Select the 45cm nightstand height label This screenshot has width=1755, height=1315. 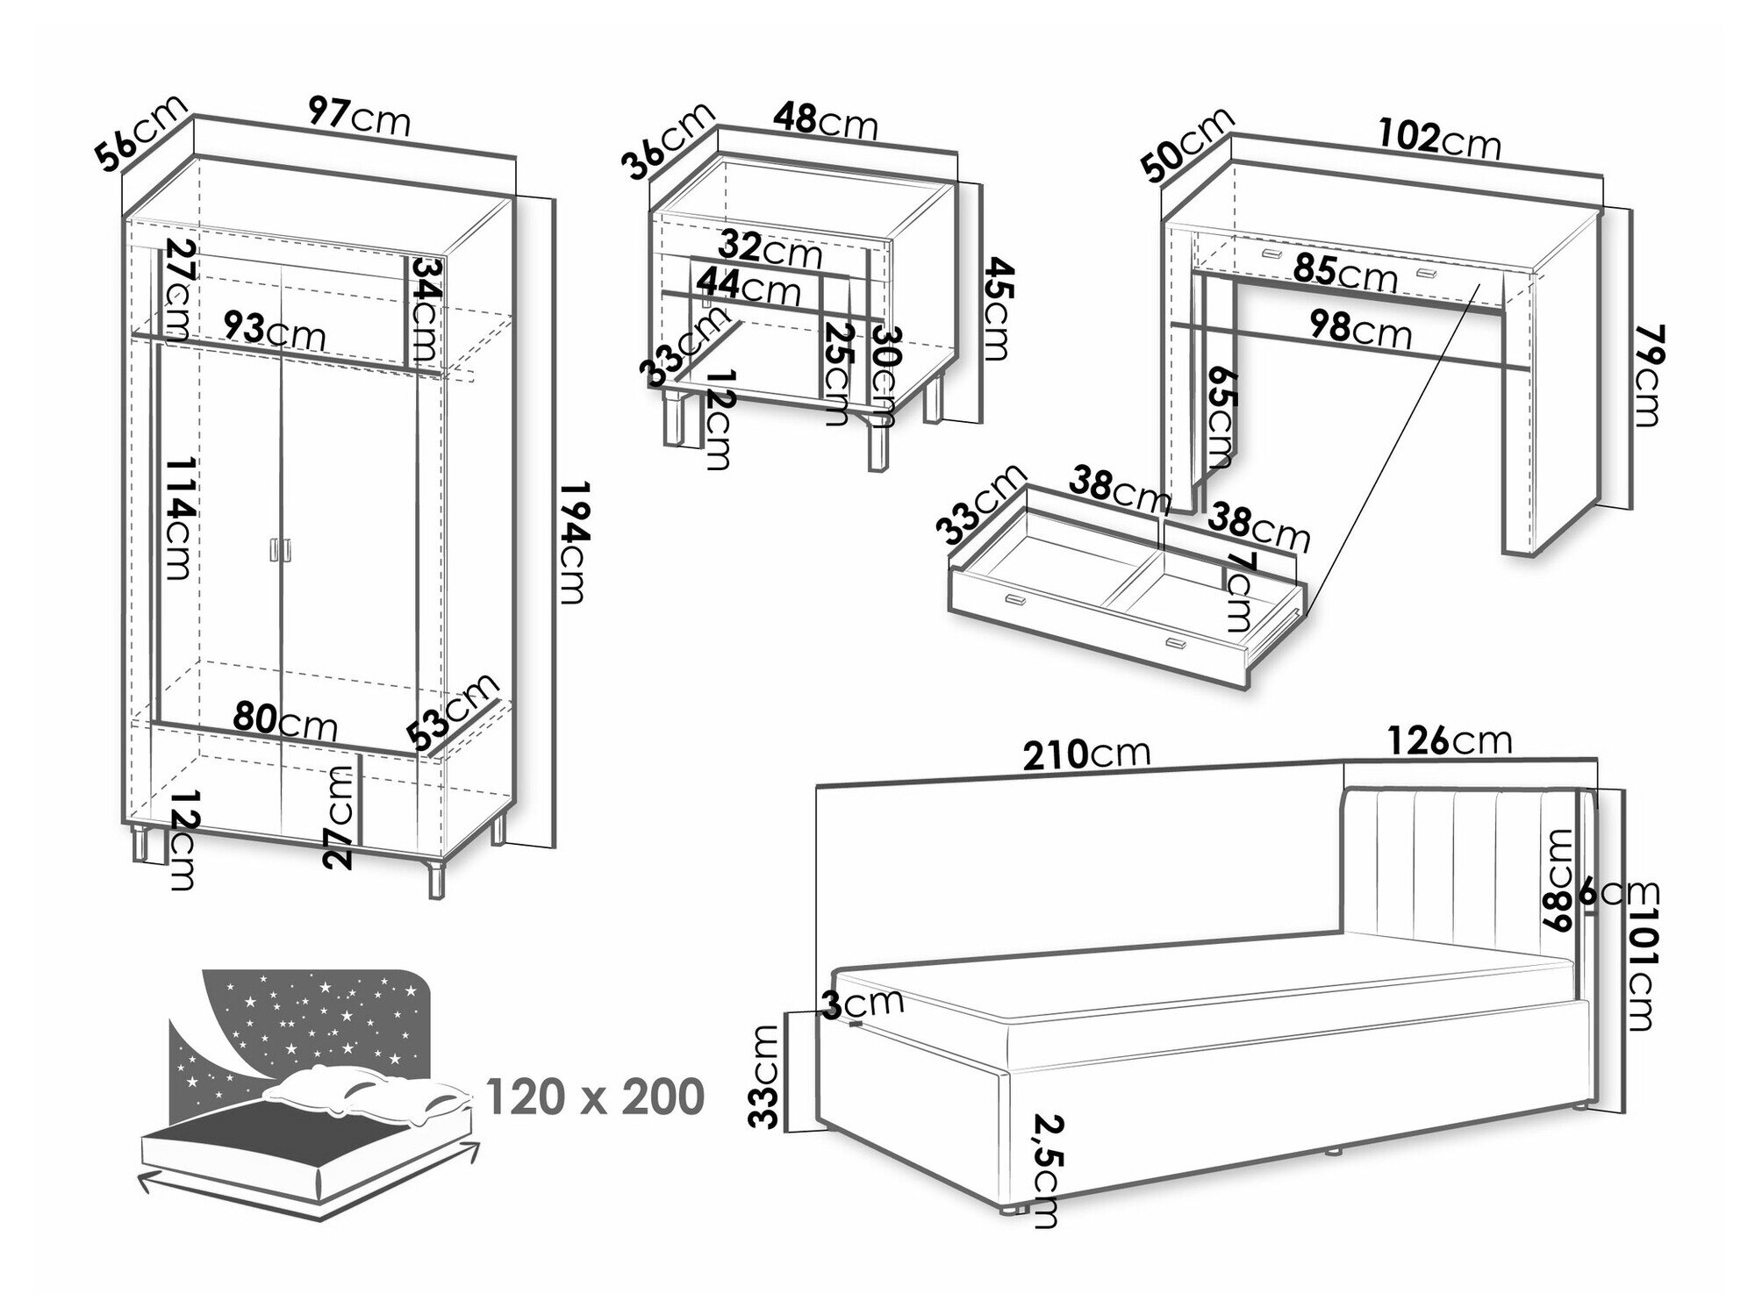995,308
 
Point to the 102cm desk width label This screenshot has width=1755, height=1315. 1439,139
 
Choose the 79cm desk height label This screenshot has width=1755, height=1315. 1647,375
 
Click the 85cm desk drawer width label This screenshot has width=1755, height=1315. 1345,272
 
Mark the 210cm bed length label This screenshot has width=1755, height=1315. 1086,753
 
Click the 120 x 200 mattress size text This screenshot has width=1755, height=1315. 594,1097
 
